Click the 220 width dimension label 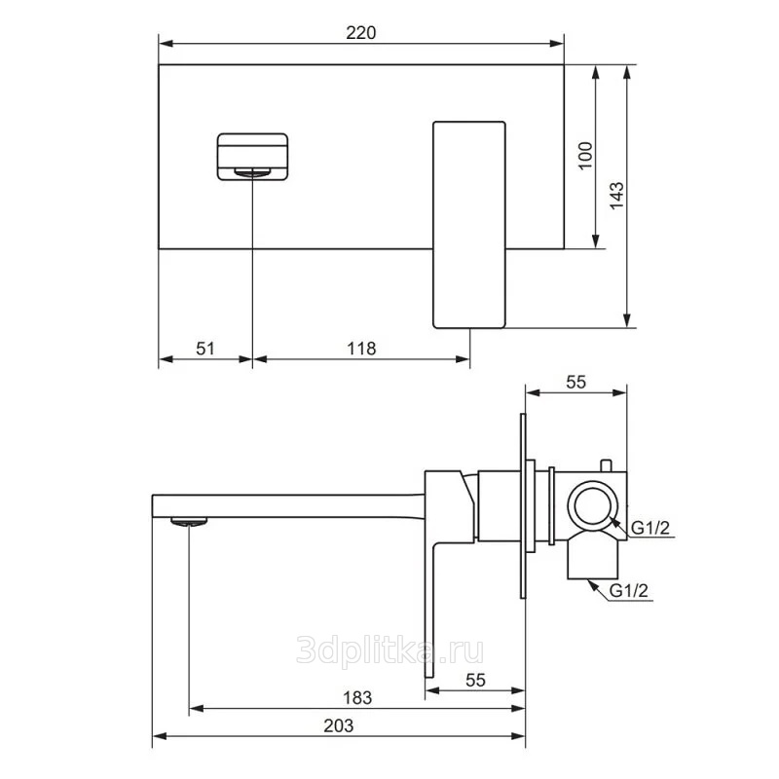(361, 33)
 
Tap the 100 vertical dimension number (586, 156)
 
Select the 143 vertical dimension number (616, 196)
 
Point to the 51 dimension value (205, 349)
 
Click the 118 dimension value (361, 349)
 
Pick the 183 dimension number (357, 698)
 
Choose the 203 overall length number (338, 725)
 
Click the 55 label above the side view (575, 382)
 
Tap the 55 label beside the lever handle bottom (475, 680)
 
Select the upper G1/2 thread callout (650, 528)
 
